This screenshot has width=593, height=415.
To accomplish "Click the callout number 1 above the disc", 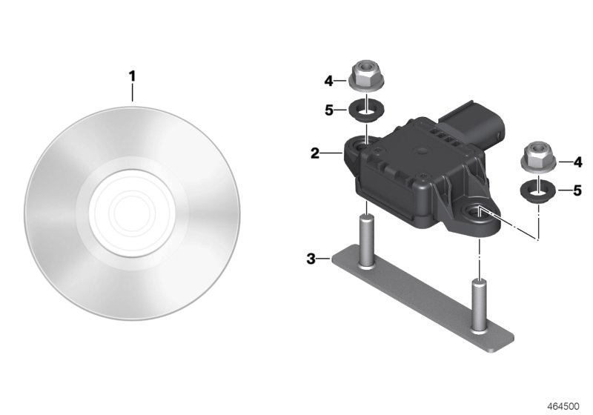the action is [132, 76].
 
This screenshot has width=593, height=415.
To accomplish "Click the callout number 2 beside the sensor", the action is [314, 153].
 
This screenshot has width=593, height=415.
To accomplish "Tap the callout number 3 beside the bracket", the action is [311, 259].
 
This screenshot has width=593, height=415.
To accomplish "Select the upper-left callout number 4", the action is [328, 81].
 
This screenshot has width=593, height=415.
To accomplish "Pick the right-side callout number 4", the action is [578, 162].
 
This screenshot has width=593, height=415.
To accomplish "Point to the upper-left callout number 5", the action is [329, 110].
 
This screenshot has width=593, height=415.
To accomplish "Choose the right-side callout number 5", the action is [577, 190].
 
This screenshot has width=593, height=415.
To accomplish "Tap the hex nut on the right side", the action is [538, 156].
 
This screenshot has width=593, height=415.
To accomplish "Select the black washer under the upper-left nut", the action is [365, 110].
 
